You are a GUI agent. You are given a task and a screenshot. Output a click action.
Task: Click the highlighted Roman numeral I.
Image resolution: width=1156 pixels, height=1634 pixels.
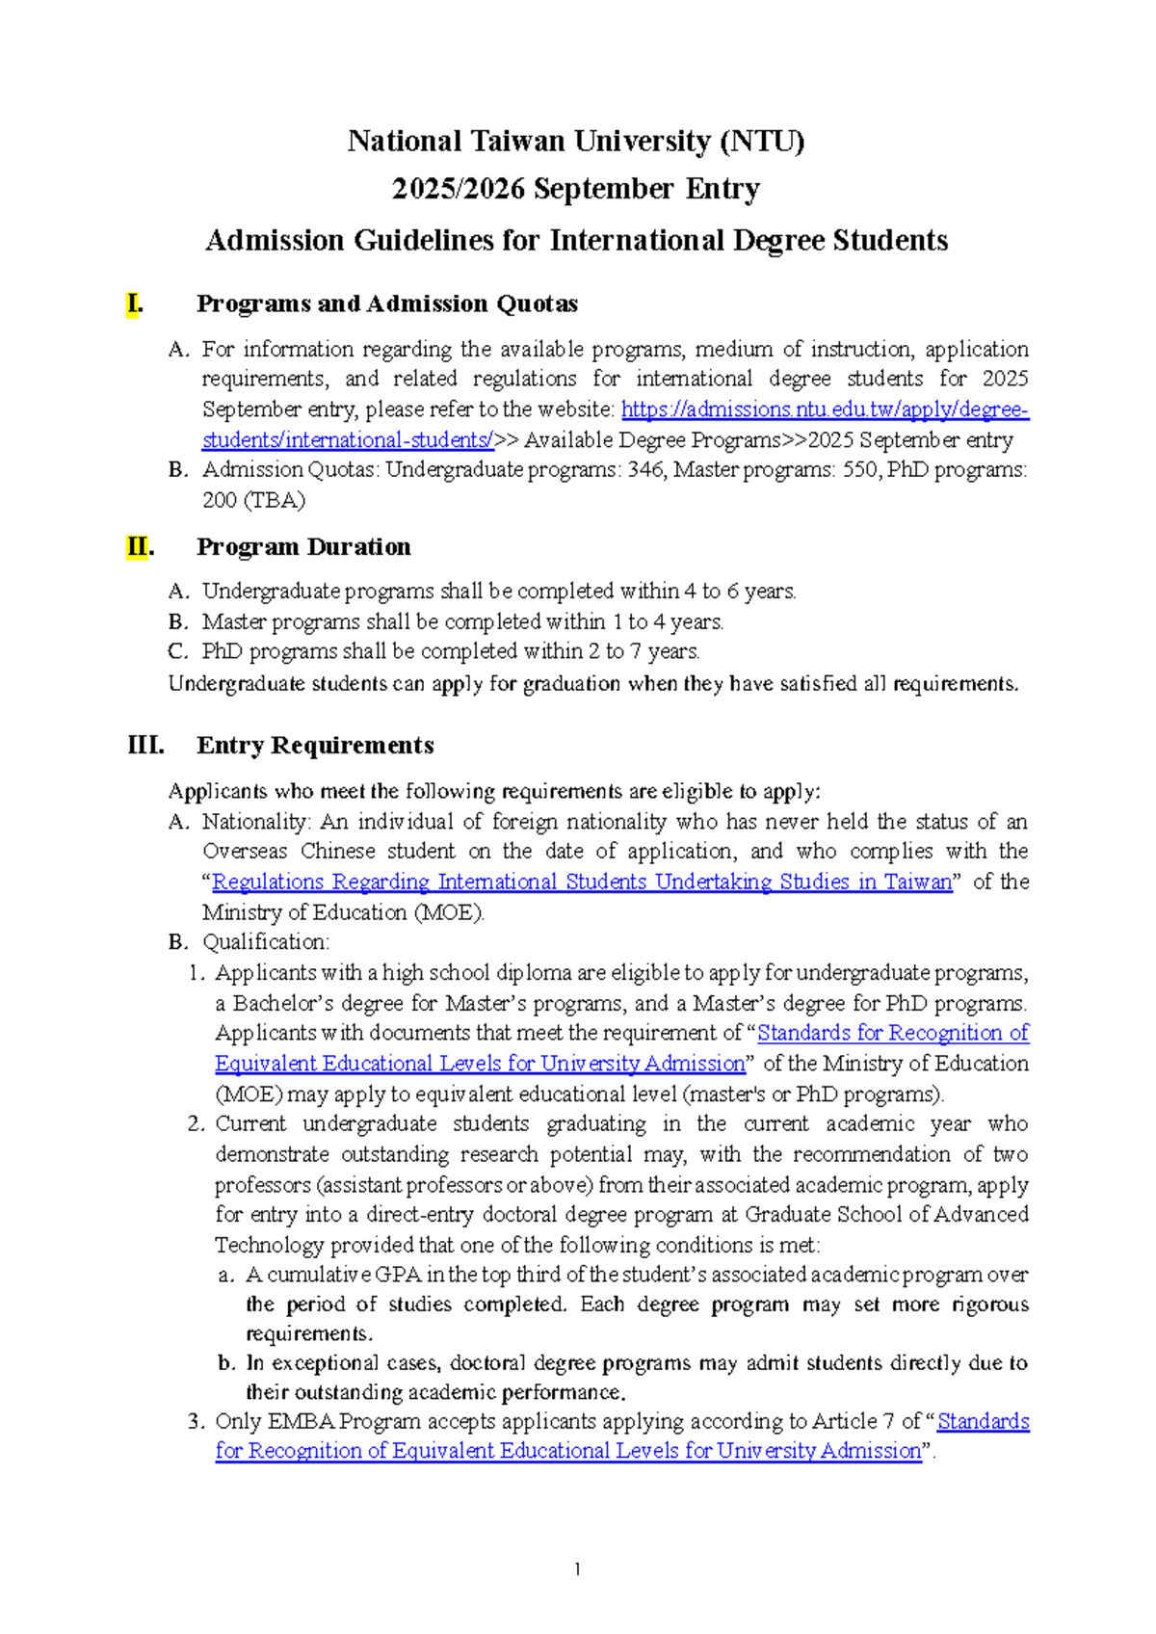pyautogui.click(x=135, y=304)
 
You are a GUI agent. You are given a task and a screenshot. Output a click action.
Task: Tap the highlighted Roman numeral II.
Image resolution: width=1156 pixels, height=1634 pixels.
pyautogui.click(x=139, y=547)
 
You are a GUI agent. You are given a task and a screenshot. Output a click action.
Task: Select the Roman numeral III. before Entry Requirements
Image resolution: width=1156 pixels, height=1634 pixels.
pyautogui.click(x=145, y=746)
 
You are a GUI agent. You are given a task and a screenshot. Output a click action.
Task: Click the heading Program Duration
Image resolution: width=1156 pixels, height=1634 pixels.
pyautogui.click(x=303, y=547)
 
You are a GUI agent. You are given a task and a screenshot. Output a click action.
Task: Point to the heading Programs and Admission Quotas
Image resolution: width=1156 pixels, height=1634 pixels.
pyautogui.click(x=386, y=304)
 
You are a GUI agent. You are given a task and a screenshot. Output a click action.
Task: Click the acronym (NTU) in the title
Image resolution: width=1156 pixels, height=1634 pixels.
pyautogui.click(x=761, y=142)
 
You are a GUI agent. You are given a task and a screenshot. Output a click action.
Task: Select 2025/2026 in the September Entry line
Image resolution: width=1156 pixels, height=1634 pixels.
pyautogui.click(x=459, y=189)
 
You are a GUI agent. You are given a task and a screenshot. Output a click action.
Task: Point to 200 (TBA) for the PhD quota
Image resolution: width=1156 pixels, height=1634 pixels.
pyautogui.click(x=253, y=500)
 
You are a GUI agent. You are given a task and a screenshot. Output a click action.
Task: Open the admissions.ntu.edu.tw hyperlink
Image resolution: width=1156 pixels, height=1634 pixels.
pyautogui.click(x=825, y=410)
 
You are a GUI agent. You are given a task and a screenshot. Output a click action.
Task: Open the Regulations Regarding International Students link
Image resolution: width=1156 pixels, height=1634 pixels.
pyautogui.click(x=581, y=883)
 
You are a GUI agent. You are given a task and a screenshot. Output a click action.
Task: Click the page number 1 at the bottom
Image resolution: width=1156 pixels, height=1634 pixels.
pyautogui.click(x=576, y=1569)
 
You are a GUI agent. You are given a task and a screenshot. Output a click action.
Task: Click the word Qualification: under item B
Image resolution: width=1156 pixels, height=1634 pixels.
pyautogui.click(x=266, y=942)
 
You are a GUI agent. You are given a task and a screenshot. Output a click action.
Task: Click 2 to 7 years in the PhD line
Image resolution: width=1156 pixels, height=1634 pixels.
pyautogui.click(x=643, y=651)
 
